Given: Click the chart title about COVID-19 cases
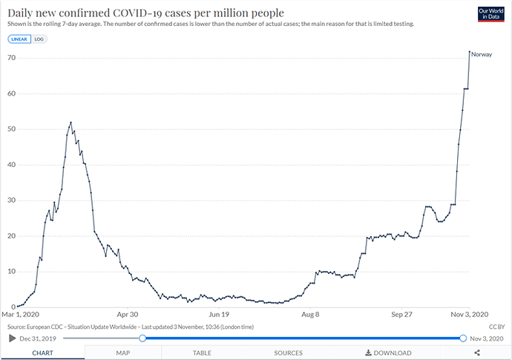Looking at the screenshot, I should tap(145, 13).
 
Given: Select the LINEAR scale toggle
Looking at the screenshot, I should tap(19, 39).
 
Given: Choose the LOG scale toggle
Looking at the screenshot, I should tap(39, 39).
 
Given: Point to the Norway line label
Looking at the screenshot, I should tap(482, 55).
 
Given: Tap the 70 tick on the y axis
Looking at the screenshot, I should tap(10, 58).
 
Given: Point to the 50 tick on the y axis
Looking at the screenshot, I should tap(10, 129).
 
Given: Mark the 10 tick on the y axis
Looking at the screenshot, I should tap(10, 272).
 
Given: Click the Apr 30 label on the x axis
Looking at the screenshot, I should tap(128, 315).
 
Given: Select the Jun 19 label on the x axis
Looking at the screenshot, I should tap(219, 315).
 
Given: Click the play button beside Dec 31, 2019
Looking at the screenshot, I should tap(13, 338).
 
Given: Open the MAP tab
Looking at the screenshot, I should tap(123, 353).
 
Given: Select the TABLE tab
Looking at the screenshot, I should tap(202, 353).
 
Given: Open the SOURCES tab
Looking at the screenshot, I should tap(288, 353).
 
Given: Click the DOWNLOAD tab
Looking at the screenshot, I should tap(388, 353).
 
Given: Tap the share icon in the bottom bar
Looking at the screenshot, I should tap(477, 353).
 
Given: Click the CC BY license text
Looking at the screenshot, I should tap(496, 326).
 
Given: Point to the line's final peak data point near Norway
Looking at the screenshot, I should tap(469, 52).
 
